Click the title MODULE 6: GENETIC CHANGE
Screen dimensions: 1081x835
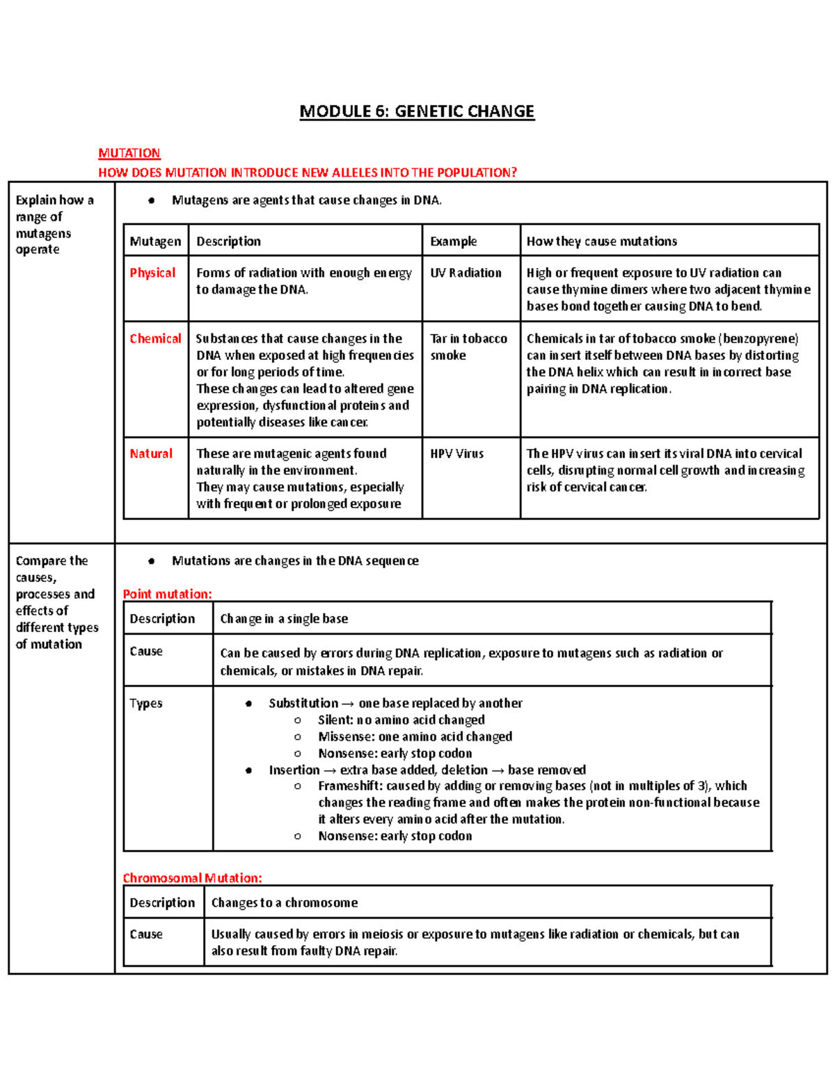(x=417, y=111)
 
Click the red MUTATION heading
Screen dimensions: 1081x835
(x=129, y=153)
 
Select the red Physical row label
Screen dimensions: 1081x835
(x=152, y=273)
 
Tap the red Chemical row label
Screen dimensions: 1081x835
(x=155, y=338)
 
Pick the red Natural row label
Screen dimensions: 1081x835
(x=151, y=454)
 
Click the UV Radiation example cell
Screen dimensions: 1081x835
(x=466, y=273)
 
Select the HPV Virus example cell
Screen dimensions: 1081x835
(x=456, y=454)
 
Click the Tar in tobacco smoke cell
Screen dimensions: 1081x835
(x=468, y=347)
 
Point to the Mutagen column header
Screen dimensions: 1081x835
(x=155, y=242)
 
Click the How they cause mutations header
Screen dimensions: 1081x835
(x=601, y=242)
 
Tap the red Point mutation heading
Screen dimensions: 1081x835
(x=167, y=594)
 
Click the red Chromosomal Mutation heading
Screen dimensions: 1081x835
(x=192, y=878)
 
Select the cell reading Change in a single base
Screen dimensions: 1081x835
(x=284, y=619)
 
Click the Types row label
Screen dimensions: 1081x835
(x=146, y=703)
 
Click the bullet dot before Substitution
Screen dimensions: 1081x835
(x=248, y=704)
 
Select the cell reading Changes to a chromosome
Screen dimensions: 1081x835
(x=284, y=903)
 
